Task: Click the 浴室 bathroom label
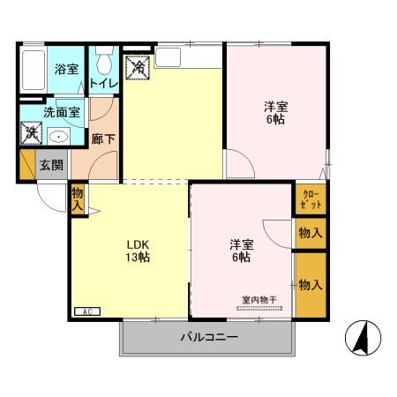coord(66,69)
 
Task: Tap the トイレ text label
coord(101,84)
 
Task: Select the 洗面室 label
coord(62,113)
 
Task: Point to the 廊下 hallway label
coord(101,139)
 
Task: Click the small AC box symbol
coord(87,311)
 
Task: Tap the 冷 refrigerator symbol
coord(139,65)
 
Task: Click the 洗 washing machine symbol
coord(31,135)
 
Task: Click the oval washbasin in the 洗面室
coord(60,136)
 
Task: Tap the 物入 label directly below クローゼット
coord(310,233)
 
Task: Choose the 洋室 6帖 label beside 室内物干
coord(240,251)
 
